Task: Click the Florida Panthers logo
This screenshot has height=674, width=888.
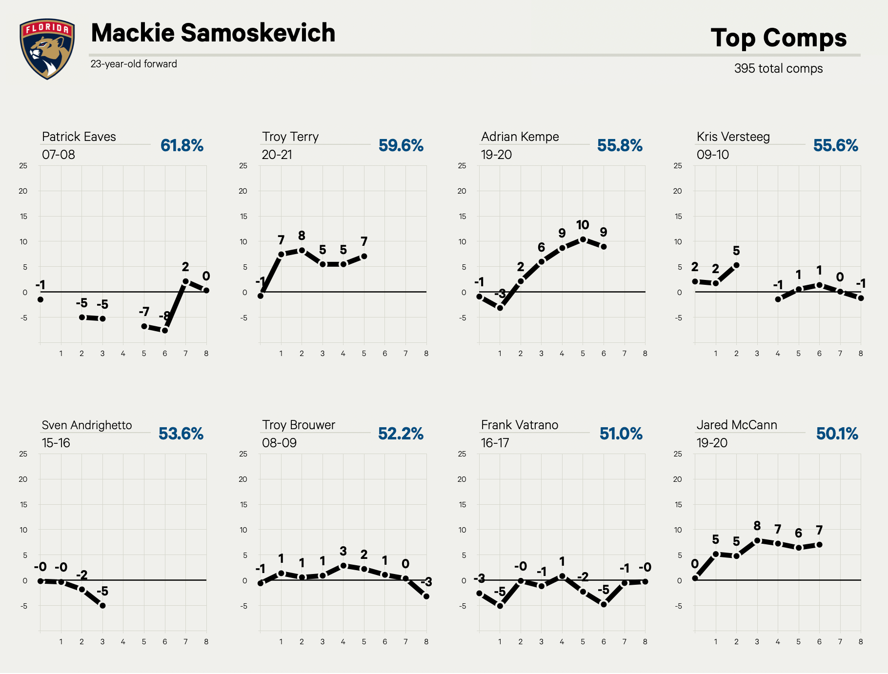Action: click(47, 49)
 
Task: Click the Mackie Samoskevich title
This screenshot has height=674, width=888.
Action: click(213, 33)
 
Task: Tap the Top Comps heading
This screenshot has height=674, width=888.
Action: click(779, 38)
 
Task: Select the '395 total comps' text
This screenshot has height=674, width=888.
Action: click(778, 68)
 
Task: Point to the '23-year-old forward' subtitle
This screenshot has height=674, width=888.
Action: click(134, 64)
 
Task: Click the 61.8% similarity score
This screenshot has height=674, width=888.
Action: click(182, 145)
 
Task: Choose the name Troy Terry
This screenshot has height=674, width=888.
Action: click(290, 137)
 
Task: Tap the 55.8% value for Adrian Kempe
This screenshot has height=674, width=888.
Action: click(620, 145)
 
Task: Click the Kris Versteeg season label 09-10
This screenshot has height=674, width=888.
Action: click(713, 155)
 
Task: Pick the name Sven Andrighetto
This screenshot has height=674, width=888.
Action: click(87, 425)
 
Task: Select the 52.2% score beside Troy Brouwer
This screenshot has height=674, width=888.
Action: click(401, 434)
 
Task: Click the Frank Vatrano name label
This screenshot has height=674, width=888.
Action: click(520, 425)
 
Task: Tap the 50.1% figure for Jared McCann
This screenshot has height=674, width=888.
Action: click(837, 434)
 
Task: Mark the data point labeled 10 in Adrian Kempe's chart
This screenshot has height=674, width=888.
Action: click(583, 239)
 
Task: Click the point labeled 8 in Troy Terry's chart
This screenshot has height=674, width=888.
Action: click(302, 250)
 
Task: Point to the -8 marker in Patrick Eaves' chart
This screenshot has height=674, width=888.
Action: click(165, 330)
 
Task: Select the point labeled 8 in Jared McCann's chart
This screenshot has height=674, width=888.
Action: click(757, 540)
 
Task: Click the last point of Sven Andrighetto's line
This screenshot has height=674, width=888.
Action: click(102, 606)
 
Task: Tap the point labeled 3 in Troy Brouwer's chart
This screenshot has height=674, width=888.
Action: click(343, 566)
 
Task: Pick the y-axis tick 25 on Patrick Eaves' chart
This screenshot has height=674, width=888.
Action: click(23, 166)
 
